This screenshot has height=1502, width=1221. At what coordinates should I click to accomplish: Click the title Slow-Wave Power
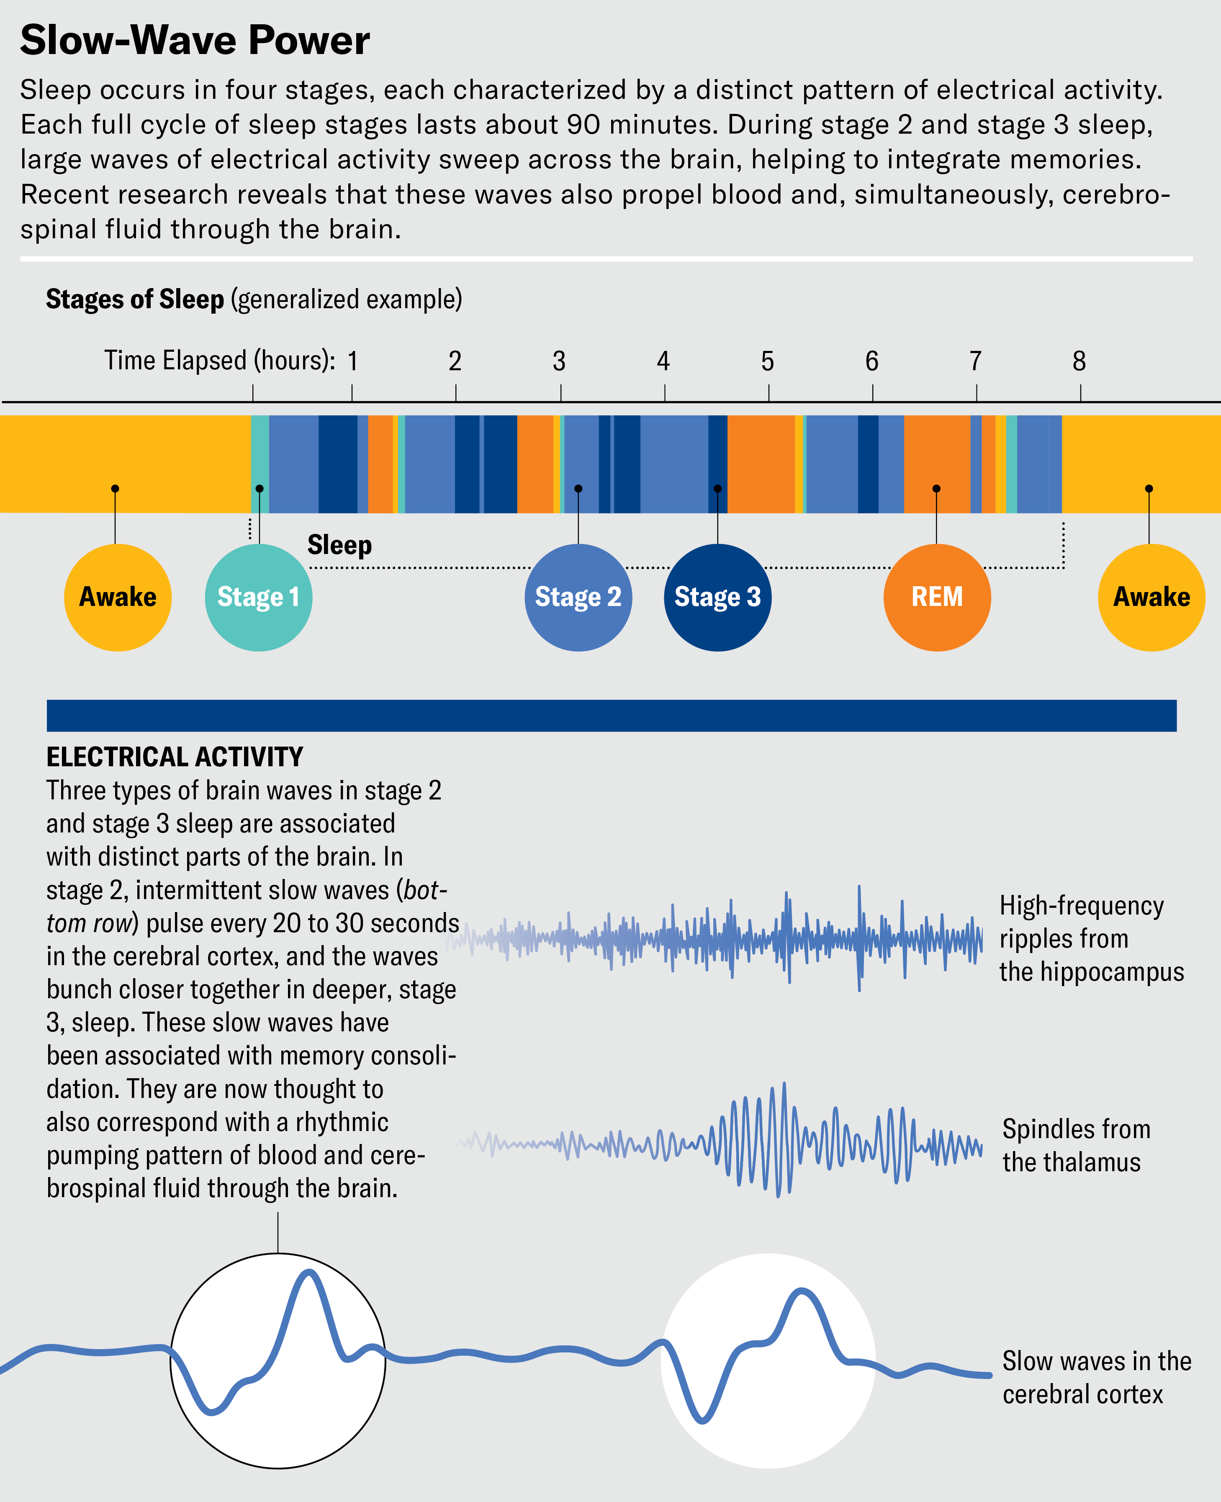tap(195, 40)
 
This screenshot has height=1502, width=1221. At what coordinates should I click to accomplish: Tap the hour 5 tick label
tap(767, 362)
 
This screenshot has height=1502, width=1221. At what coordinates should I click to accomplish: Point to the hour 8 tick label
tap(1079, 362)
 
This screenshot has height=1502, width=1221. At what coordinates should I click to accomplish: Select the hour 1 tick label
tap(352, 362)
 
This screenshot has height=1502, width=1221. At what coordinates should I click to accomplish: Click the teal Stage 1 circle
tap(258, 597)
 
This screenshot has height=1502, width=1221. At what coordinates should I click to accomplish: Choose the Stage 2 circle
tap(578, 597)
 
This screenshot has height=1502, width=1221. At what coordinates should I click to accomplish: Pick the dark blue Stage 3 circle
tap(717, 597)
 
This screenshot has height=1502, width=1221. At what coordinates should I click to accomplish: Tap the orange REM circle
tap(937, 597)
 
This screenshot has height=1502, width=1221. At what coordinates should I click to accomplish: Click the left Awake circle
tap(118, 597)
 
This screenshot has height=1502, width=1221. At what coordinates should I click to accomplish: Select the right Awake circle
tap(1152, 597)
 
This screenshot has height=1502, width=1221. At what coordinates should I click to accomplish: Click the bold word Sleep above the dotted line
tap(340, 545)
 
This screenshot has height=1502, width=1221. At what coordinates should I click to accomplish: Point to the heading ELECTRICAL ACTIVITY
tap(175, 757)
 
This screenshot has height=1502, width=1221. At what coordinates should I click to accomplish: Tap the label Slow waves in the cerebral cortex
tap(1096, 1378)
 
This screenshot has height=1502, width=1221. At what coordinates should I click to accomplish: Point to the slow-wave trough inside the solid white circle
tap(703, 1420)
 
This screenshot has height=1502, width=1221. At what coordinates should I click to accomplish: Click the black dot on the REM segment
tap(936, 488)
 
